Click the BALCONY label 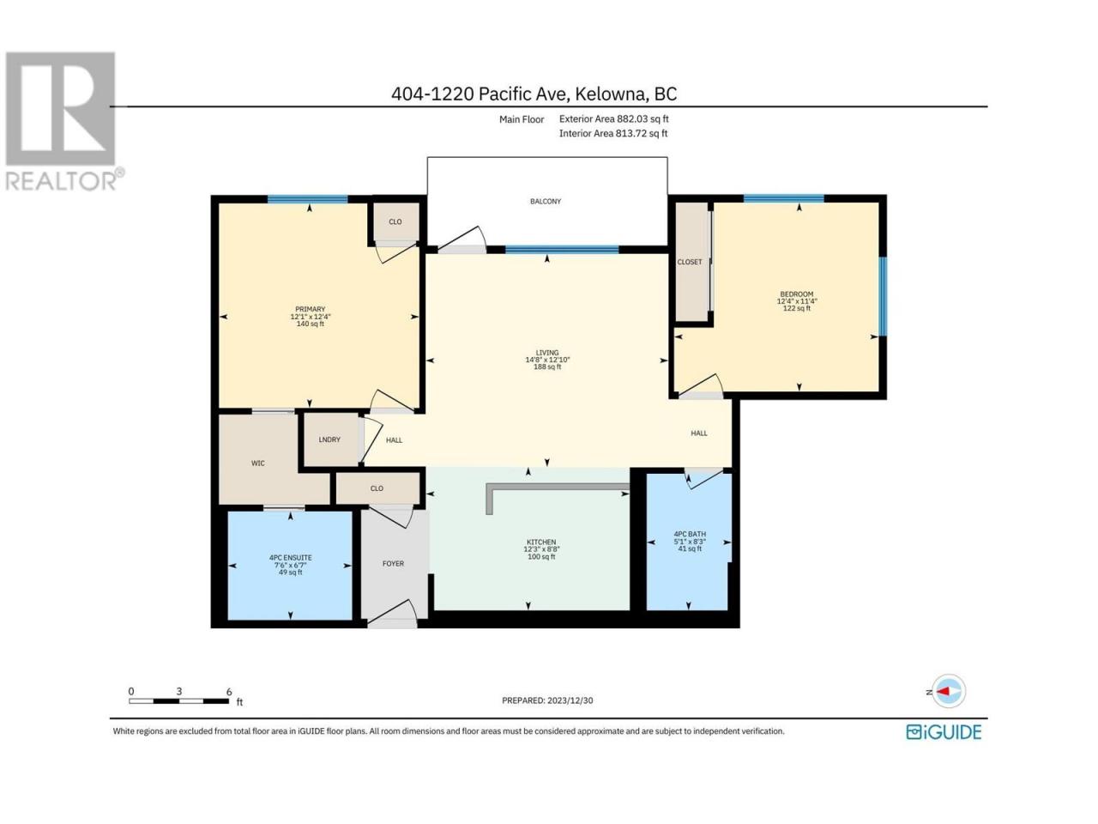coord(546,201)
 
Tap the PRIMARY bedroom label coord(311,309)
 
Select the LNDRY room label coord(329,439)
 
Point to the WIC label coord(258,463)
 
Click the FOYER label coord(393,563)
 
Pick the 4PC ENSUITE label coord(291,557)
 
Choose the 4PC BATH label coord(690,534)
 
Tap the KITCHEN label coord(541,542)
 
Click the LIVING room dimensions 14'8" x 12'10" coord(547,360)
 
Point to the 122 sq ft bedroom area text coord(797,308)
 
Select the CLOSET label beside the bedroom coord(690,262)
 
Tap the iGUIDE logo coord(944,732)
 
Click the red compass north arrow coord(944,692)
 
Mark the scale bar coord(179,701)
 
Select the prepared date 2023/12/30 coord(569,700)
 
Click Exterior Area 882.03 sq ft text coord(614,118)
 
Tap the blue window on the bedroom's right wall coord(883,296)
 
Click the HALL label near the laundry coord(395,440)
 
